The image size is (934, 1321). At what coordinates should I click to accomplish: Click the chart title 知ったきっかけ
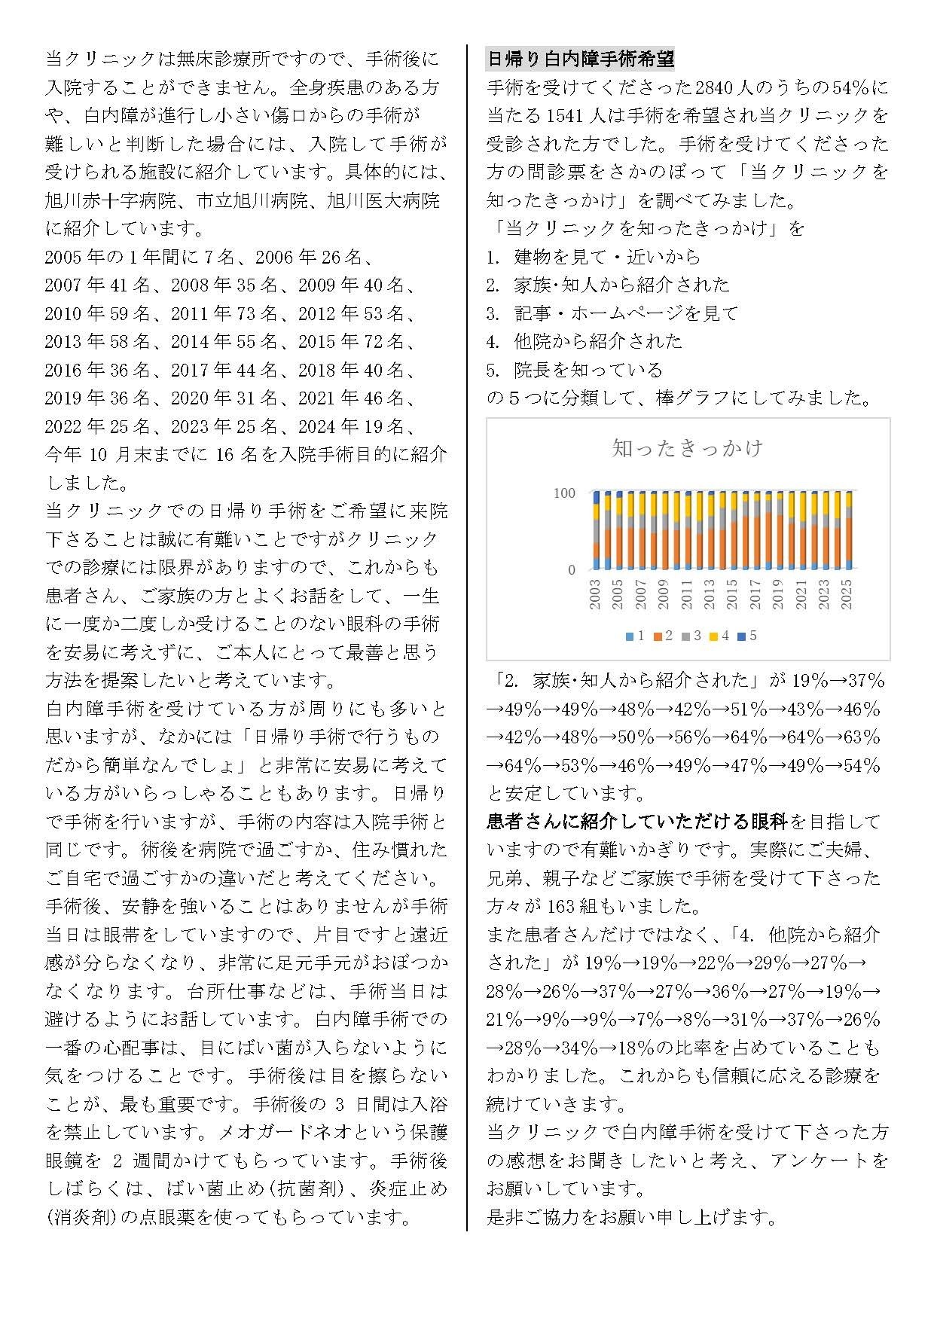coord(688,449)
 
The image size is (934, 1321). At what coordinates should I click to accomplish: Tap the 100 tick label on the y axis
coord(564,493)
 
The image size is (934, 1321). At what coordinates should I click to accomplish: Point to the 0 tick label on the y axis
coord(572,570)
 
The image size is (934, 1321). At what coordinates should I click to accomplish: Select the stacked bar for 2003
coord(596,531)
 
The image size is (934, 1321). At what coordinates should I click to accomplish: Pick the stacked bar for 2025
coord(848,531)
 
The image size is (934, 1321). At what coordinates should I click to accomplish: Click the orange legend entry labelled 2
coord(664,636)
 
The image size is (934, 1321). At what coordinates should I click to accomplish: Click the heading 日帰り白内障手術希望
coord(581,59)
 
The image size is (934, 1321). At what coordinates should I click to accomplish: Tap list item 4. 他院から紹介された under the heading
coord(585,341)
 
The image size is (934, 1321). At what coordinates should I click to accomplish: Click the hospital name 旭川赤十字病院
coord(111,200)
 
